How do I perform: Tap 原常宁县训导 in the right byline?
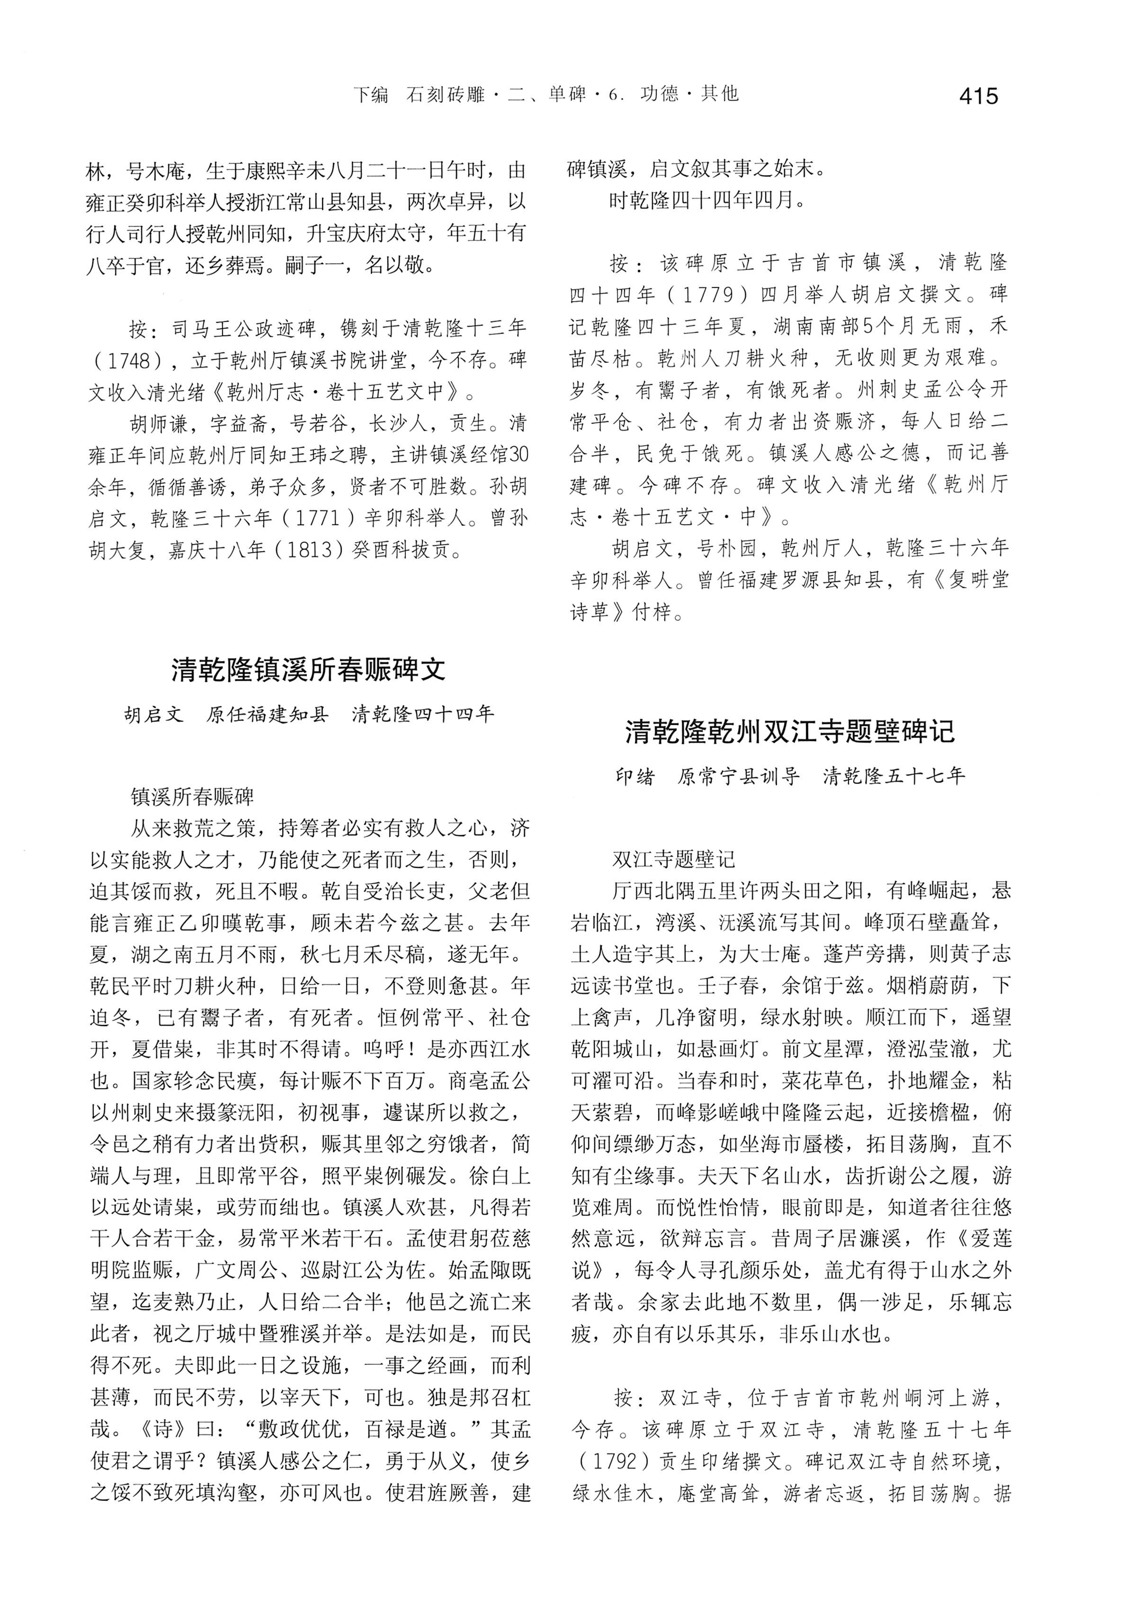[x=738, y=777]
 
